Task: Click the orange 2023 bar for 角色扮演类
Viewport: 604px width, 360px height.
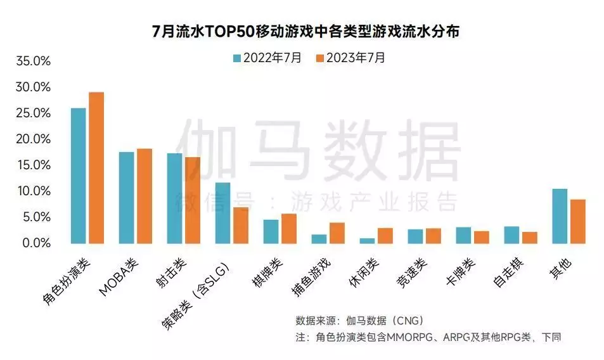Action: [x=96, y=168]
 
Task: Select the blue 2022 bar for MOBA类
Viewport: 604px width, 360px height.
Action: [x=126, y=198]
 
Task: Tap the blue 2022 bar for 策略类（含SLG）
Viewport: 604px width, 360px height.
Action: [x=222, y=213]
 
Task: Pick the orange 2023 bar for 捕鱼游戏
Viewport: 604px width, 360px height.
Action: [x=337, y=233]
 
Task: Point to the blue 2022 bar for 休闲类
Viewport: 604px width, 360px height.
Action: [x=367, y=241]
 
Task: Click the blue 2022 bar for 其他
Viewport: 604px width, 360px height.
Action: [x=560, y=216]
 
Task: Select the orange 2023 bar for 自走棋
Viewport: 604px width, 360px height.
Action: [x=530, y=238]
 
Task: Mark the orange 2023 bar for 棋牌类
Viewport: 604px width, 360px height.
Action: [x=289, y=229]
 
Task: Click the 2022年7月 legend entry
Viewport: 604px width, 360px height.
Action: [x=267, y=58]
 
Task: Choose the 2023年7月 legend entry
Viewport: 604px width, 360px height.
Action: [x=350, y=58]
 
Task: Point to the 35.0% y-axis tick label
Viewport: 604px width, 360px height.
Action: [x=33, y=61]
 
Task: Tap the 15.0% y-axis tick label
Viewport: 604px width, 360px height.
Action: [x=34, y=165]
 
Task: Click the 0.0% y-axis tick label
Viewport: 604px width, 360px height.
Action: [x=37, y=243]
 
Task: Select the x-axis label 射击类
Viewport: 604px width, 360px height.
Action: [x=172, y=273]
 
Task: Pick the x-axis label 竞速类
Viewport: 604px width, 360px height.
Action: [x=412, y=273]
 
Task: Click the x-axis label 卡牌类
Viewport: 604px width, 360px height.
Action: [x=461, y=272]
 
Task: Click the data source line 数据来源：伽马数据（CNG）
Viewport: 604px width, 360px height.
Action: [x=359, y=320]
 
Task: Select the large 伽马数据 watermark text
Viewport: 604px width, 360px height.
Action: [x=318, y=150]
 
